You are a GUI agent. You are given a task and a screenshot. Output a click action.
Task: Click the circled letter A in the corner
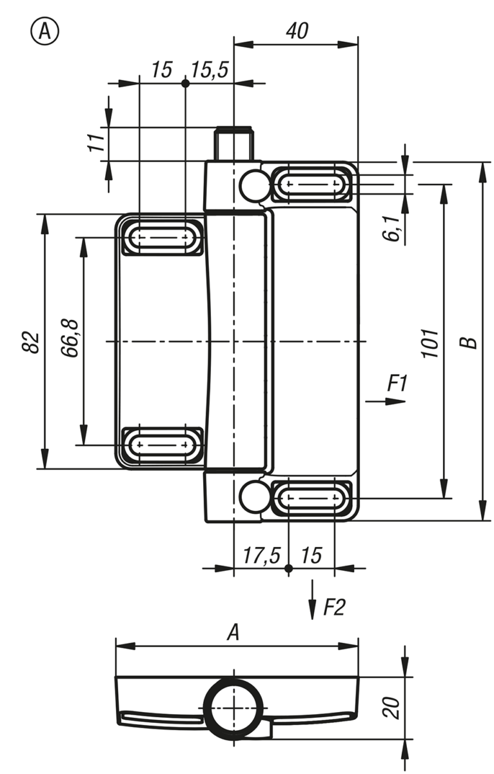[x=45, y=32]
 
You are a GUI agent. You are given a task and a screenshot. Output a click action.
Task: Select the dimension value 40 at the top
[x=297, y=31]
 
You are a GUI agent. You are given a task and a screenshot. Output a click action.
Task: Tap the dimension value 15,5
[x=210, y=70]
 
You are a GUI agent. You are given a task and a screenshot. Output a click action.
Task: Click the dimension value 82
[x=30, y=342]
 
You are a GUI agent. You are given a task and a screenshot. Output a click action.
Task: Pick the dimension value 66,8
[x=70, y=339]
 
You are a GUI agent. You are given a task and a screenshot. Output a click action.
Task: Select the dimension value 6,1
[x=391, y=228]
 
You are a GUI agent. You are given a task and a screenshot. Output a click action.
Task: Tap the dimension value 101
[x=430, y=343]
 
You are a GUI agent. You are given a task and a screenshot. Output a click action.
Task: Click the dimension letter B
[x=469, y=342]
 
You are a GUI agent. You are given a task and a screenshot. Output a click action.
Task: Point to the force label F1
[x=397, y=383]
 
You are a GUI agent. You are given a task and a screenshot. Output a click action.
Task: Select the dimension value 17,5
[x=261, y=555]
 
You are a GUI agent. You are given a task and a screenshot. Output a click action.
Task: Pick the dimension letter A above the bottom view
[x=233, y=633]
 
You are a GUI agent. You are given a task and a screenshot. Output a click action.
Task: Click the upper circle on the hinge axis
[x=255, y=185]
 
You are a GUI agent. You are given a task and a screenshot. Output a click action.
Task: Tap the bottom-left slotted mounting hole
[x=163, y=445]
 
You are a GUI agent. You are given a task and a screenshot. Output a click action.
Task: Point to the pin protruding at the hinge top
[x=233, y=144]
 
